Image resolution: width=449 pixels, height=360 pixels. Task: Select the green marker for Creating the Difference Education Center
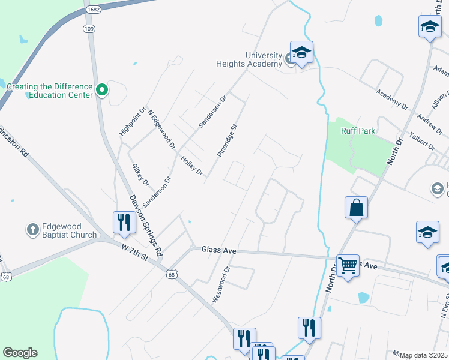(x=102, y=91)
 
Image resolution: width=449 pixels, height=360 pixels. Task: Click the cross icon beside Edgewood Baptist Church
(x=32, y=230)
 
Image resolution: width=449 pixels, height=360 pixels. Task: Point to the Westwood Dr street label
(x=220, y=284)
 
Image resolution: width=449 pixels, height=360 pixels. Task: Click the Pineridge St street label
(x=228, y=140)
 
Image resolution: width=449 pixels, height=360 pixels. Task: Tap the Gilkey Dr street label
(x=140, y=175)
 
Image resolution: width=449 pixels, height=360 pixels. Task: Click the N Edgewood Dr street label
(x=161, y=129)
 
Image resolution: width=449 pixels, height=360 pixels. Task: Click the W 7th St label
(x=134, y=251)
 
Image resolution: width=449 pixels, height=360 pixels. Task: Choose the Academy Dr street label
(x=392, y=99)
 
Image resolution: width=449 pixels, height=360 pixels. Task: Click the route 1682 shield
(x=92, y=10)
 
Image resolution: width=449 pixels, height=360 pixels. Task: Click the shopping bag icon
(x=356, y=208)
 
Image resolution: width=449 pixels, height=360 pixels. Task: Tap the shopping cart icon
(x=348, y=265)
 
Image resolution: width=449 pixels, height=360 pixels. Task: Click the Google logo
(x=20, y=353)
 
